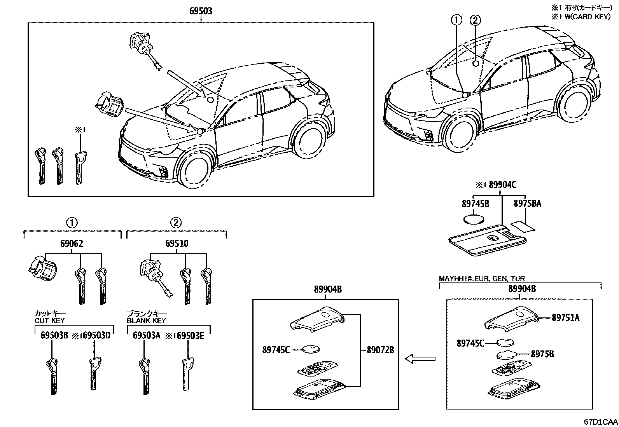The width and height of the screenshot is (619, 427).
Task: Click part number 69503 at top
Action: (x=201, y=11)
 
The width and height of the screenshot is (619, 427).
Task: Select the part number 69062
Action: (x=72, y=244)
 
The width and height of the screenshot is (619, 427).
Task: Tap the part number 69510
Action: (x=177, y=244)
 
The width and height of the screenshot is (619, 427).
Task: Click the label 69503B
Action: (x=54, y=335)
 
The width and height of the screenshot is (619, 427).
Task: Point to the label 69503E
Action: (x=191, y=335)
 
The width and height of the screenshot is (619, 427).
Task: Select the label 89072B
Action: (x=380, y=350)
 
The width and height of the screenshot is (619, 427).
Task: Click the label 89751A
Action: (x=565, y=318)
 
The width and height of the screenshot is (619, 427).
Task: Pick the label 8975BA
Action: (x=527, y=203)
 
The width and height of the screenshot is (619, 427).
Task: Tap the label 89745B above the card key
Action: (x=475, y=203)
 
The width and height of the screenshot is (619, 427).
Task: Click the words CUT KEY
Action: (x=50, y=321)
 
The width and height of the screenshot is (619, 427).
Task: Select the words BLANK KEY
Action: (x=146, y=321)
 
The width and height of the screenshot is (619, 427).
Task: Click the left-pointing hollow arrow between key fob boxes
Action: (x=420, y=359)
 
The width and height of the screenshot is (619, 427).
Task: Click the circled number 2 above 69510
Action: (x=176, y=223)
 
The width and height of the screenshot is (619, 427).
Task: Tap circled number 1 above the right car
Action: (x=456, y=20)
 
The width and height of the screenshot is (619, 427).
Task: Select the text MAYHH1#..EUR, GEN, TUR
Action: (x=482, y=279)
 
